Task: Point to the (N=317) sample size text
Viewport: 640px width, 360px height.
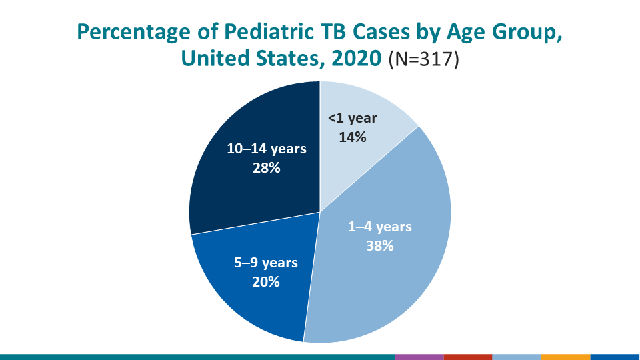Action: (424, 59)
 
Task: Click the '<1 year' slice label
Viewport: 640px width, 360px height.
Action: (352, 119)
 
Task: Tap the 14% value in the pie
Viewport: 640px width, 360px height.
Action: (352, 137)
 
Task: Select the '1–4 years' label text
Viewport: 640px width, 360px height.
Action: (380, 227)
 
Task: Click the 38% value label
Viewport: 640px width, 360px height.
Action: (380, 245)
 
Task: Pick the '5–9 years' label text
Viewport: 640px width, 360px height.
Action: (265, 263)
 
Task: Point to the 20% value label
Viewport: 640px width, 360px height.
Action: (265, 281)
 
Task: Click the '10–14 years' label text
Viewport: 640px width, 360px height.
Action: (266, 149)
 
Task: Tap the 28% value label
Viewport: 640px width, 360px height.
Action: (266, 167)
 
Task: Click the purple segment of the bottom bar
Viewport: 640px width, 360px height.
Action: (419, 357)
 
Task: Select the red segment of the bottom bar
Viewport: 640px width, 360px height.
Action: (467, 357)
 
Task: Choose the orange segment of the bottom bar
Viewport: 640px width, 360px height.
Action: (565, 357)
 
